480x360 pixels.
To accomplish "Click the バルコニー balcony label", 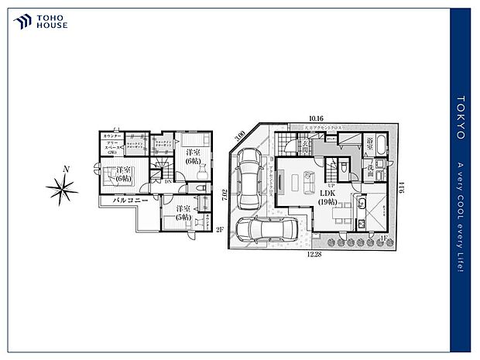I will click(123, 201).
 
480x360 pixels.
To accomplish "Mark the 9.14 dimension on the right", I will click(402, 188).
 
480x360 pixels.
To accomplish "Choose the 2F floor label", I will click(219, 228).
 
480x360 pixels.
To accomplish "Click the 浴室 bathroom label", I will click(372, 144).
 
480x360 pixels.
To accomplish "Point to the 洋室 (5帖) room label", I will click(183, 212).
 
